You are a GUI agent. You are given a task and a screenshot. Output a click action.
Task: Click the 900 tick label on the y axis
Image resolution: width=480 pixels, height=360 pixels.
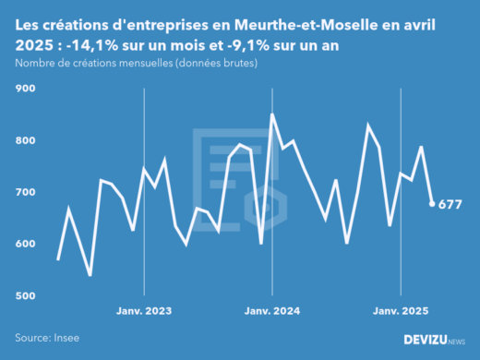[x=24, y=89]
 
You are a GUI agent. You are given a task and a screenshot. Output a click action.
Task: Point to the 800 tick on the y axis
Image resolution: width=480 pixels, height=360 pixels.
[x=24, y=140]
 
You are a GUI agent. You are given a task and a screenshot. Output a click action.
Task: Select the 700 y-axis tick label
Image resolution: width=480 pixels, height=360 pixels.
[x=24, y=192]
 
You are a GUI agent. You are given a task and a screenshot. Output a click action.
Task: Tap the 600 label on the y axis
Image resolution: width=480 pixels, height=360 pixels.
[x=24, y=244]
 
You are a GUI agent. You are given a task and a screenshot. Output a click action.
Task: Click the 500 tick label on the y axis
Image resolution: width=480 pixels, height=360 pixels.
[x=24, y=295]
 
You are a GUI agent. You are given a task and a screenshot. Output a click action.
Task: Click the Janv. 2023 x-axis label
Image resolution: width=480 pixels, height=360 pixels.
[x=143, y=311]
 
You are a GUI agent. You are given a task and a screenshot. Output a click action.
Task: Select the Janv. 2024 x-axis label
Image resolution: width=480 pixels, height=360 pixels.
[x=271, y=311]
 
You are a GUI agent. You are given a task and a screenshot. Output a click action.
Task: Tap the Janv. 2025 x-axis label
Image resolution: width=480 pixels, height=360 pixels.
[x=400, y=311]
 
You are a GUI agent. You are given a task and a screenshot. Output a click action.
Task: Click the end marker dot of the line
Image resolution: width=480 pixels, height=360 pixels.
[x=432, y=204]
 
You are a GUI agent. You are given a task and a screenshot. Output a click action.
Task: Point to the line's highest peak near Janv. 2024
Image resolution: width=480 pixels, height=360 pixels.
[x=271, y=114]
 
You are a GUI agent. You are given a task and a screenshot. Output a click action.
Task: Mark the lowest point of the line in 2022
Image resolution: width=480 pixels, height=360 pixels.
[x=90, y=275]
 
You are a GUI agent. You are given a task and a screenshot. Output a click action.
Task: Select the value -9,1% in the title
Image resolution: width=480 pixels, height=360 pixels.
[x=257, y=43]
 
